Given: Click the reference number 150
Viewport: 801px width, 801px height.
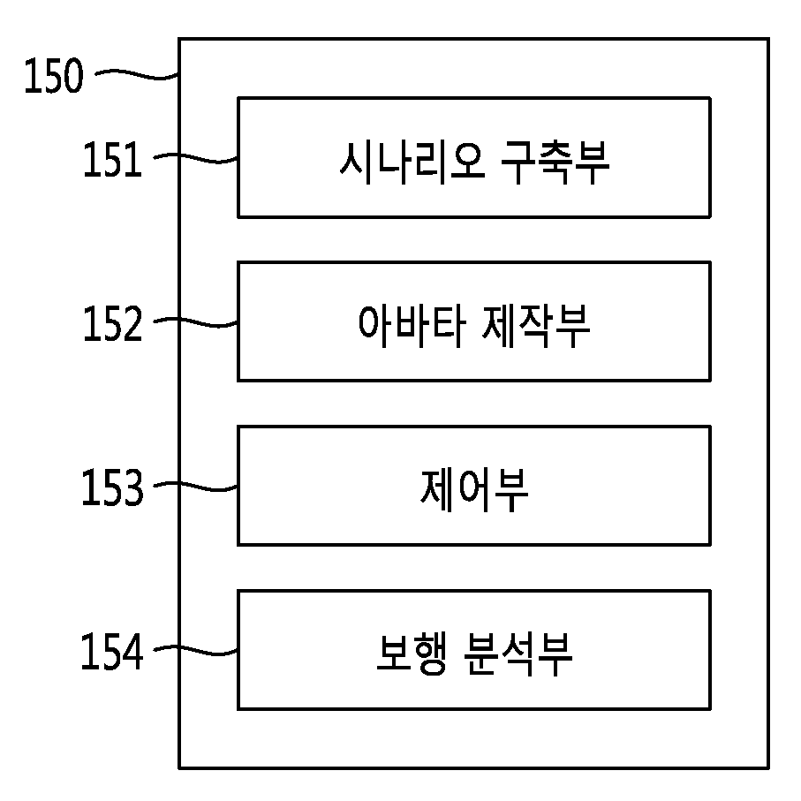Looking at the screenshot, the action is [54, 75].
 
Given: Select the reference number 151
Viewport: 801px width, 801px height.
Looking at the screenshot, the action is [112, 159].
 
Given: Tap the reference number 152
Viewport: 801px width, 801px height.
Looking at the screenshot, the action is [112, 323].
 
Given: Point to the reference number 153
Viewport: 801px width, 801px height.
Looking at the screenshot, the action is [112, 487].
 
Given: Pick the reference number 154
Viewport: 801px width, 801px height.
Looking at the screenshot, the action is [112, 651].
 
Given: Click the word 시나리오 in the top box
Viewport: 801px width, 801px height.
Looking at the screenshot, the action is [412, 162].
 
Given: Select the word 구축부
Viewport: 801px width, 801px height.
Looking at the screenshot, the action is [555, 162].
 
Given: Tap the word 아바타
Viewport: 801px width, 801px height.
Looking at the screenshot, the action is [412, 326].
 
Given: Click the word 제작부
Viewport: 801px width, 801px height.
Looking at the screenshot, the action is [536, 326].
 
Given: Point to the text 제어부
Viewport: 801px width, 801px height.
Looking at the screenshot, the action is [474, 491].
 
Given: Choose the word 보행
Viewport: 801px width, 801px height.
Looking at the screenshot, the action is [412, 654].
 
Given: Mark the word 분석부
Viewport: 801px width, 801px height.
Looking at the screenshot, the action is [518, 654].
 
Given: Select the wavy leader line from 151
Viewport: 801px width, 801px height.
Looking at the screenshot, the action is [196, 158].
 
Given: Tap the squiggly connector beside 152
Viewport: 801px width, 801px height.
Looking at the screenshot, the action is [196, 322].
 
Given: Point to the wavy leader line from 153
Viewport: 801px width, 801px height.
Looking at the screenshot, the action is [196, 487].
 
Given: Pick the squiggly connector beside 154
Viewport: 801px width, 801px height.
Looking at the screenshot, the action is [196, 651].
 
